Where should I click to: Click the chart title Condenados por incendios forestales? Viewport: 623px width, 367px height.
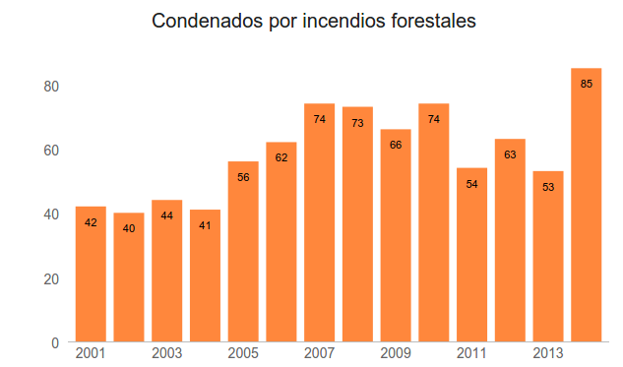[x=314, y=22]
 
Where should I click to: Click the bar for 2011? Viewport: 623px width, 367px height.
[x=471, y=256]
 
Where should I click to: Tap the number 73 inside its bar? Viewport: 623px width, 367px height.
[x=357, y=123]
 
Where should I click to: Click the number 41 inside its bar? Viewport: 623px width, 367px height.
[x=205, y=226]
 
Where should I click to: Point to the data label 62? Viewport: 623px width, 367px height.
[x=281, y=158]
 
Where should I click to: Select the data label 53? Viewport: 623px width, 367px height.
[x=548, y=187]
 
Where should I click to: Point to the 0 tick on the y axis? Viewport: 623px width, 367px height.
[x=56, y=342]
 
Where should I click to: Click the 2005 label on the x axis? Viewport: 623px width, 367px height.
[x=243, y=353]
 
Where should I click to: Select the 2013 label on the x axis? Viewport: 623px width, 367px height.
[x=548, y=353]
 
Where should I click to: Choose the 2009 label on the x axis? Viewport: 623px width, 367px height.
[x=396, y=353]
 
